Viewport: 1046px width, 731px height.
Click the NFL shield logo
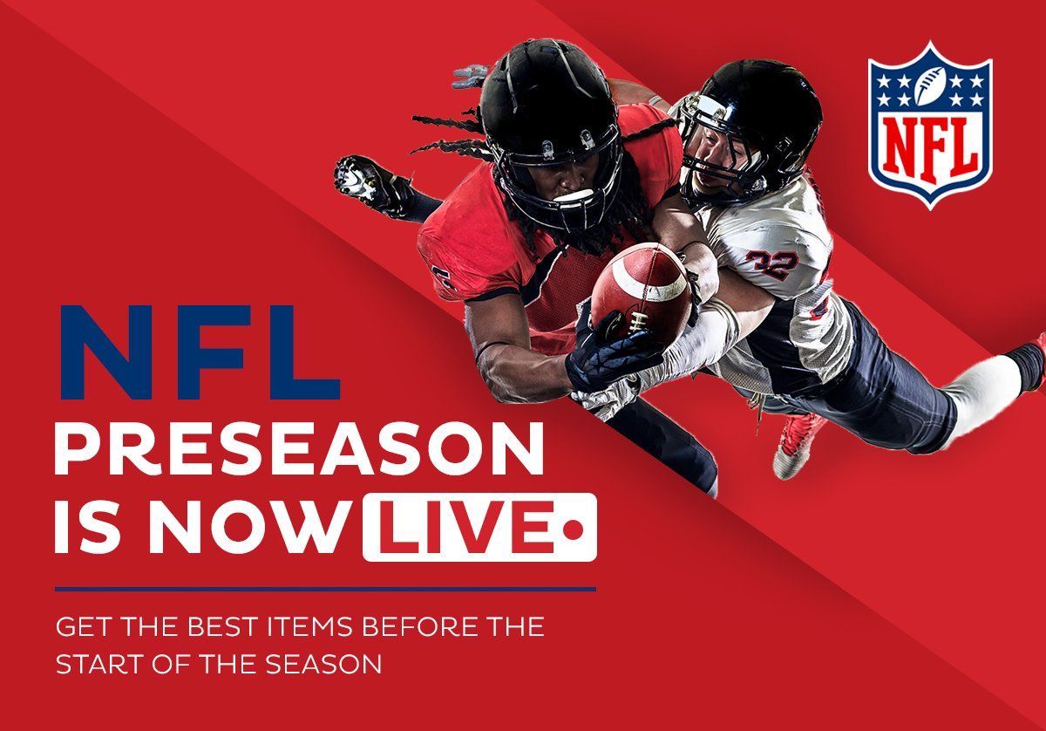(930, 125)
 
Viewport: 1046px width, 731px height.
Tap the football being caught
(641, 293)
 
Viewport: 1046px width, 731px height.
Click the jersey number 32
(772, 264)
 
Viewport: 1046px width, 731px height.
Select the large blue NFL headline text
(200, 352)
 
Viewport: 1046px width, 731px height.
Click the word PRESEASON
(299, 448)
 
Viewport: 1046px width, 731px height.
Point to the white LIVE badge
(479, 527)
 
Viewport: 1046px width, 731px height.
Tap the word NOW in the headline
(250, 527)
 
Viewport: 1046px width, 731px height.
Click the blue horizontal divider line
(325, 589)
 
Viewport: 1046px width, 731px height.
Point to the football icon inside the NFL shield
(930, 85)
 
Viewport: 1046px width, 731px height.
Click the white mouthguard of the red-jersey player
(573, 195)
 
